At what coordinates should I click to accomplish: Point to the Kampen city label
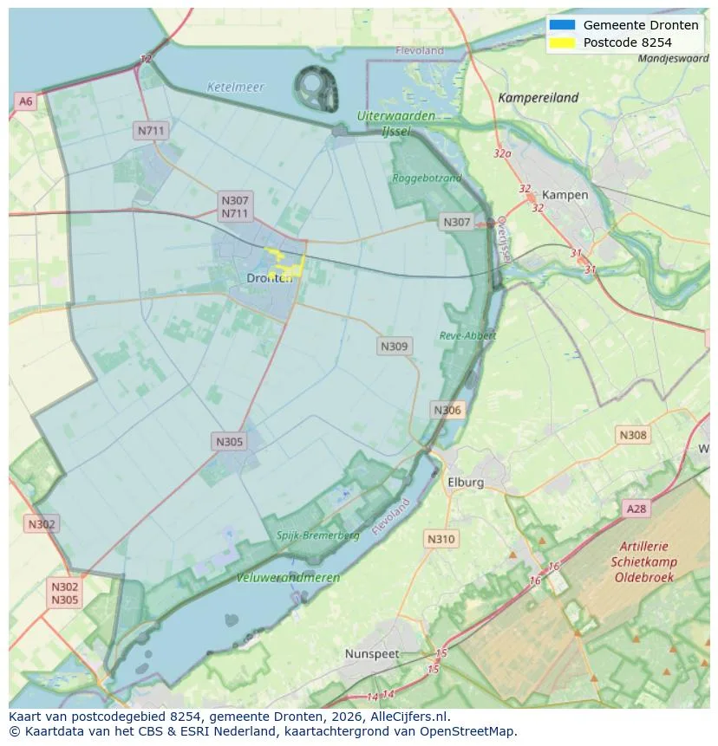[565, 195]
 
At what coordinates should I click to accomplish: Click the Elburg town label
[465, 483]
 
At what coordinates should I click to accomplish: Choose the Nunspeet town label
[373, 653]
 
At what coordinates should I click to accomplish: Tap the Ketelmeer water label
[235, 88]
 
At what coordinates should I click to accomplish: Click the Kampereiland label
[538, 98]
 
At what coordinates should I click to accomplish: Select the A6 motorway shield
[26, 101]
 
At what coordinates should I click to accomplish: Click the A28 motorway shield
[636, 509]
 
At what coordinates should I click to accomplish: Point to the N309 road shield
[394, 346]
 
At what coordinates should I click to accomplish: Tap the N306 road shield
[447, 410]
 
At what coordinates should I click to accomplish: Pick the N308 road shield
[633, 435]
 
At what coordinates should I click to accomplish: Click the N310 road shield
[441, 539]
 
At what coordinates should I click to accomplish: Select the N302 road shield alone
[42, 524]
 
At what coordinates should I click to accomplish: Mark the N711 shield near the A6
[150, 131]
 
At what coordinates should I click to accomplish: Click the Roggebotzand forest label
[428, 178]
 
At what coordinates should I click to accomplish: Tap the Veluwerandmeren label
[288, 577]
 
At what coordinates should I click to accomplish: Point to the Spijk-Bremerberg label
[317, 535]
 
